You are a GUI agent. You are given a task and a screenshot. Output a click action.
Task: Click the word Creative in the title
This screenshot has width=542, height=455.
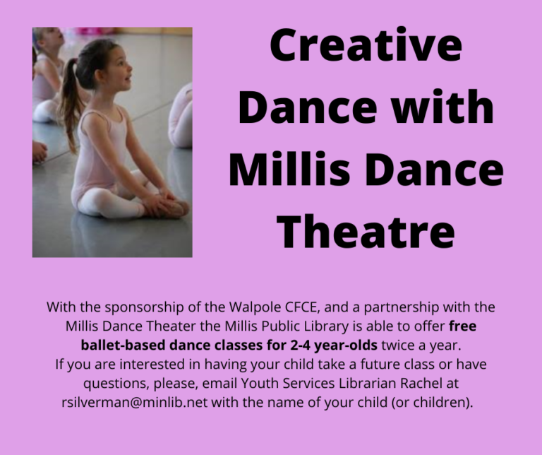pos(366,46)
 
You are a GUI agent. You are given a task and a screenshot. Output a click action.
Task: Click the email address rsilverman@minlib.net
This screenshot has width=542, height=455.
pos(135,403)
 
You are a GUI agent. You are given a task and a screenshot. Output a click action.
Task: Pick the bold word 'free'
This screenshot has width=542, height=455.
pos(463,326)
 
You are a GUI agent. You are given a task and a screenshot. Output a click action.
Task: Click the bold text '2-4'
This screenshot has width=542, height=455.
pos(300,345)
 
